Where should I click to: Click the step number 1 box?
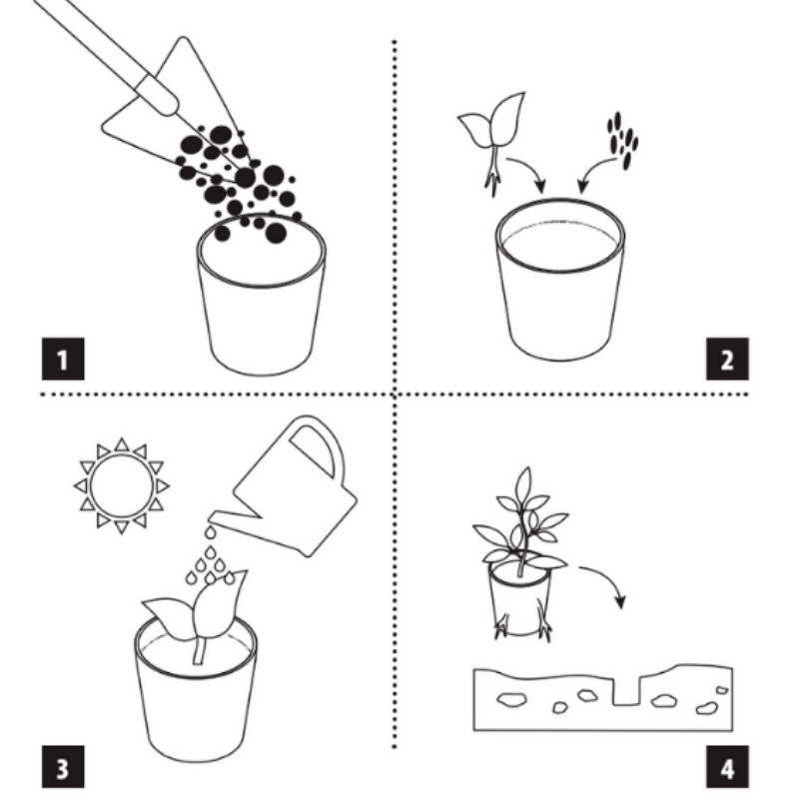click(x=63, y=359)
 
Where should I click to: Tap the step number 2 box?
click(x=727, y=359)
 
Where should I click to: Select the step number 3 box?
click(x=63, y=767)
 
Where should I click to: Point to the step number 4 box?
click(x=727, y=767)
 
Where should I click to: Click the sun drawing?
click(x=121, y=485)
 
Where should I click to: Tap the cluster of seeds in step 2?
click(x=622, y=140)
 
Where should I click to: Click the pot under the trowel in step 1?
click(x=262, y=295)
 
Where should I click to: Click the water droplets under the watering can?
click(x=210, y=559)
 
